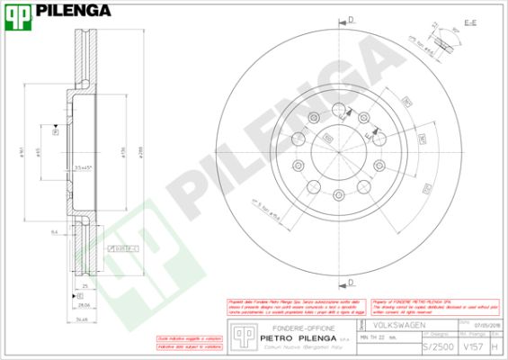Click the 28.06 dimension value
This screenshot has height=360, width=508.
pos(83,305)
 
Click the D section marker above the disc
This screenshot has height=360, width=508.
pos(352,19)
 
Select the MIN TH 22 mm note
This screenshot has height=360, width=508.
pos(378,337)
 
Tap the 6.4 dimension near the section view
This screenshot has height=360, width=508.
pos(55,232)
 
